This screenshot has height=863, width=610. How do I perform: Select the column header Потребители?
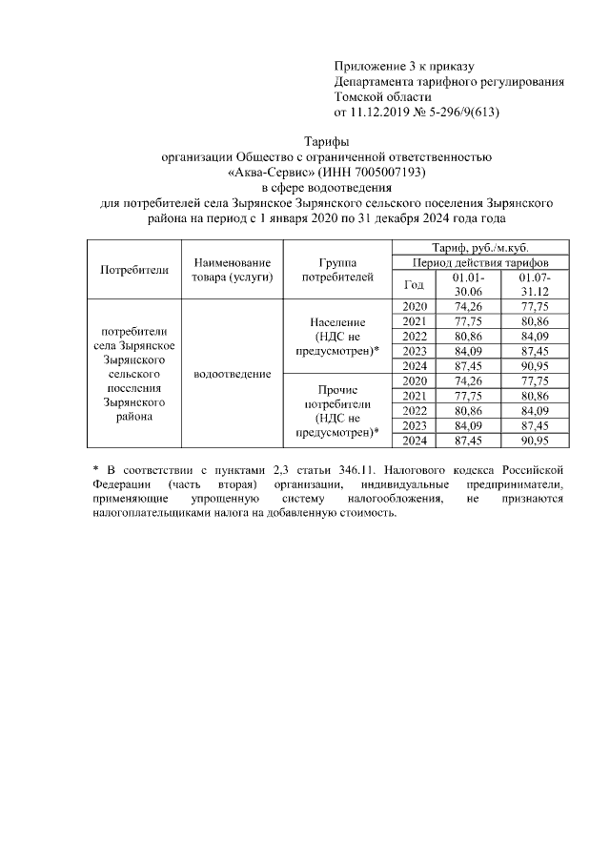tap(134, 269)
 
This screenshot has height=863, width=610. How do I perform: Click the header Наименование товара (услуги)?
tap(232, 269)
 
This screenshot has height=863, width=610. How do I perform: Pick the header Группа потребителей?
tap(337, 269)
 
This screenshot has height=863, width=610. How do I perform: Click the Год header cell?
tap(414, 283)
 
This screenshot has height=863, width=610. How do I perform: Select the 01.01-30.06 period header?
tap(468, 283)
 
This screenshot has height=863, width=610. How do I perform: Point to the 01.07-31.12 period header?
tap(534, 283)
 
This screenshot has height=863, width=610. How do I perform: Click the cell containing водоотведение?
tap(232, 374)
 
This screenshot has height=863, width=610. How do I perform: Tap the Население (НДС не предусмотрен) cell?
tap(337, 337)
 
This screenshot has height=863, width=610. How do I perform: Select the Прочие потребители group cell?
tap(337, 410)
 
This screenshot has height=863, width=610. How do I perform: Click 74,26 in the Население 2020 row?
tap(468, 306)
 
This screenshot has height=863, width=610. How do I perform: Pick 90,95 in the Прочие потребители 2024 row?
tap(534, 441)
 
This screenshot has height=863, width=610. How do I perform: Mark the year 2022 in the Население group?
tap(414, 336)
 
